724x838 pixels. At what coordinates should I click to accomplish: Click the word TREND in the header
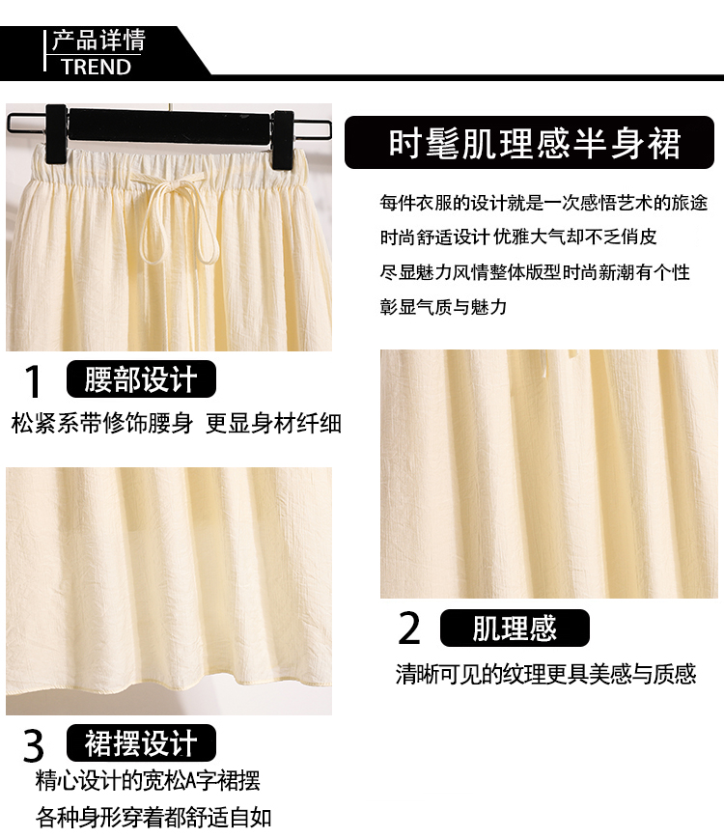[x=96, y=67]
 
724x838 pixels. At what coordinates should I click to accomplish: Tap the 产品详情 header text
[x=98, y=41]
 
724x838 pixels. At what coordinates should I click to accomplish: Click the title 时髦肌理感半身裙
[x=534, y=143]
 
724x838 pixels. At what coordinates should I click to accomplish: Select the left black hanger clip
[x=56, y=135]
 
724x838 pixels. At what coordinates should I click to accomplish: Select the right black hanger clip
[x=283, y=140]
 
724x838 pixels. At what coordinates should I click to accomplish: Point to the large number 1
[x=33, y=381]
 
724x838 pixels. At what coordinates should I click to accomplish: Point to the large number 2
[x=409, y=628]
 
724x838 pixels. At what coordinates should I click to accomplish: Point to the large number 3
[x=33, y=745]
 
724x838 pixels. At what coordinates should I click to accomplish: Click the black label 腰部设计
[x=141, y=378]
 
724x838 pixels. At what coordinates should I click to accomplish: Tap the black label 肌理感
[x=515, y=628]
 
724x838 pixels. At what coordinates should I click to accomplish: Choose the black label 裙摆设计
[x=141, y=742]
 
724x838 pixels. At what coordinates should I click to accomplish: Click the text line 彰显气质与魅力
[x=443, y=307]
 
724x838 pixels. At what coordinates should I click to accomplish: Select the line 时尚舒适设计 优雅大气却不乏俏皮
[x=518, y=237]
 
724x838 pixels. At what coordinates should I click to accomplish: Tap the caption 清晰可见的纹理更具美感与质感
[x=545, y=674]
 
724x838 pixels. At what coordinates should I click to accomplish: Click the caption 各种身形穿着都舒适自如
[x=153, y=818]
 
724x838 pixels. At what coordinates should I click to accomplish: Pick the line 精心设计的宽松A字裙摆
[x=148, y=781]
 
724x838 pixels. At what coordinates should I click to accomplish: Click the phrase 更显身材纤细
[x=273, y=423]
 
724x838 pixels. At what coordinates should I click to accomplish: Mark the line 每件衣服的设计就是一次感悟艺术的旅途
[x=543, y=203]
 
